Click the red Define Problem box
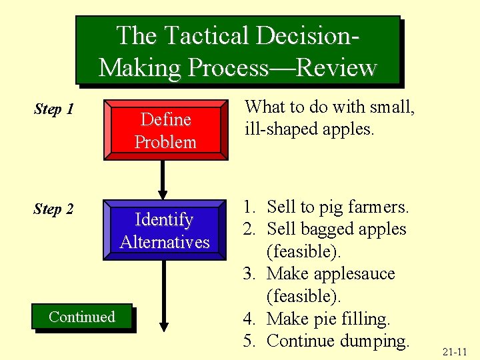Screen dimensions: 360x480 pyautogui.click(x=165, y=131)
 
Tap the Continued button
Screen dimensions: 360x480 pyautogui.click(x=82, y=317)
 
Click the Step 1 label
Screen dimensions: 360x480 pyautogui.click(x=53, y=109)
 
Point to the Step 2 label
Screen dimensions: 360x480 pyautogui.click(x=53, y=209)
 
